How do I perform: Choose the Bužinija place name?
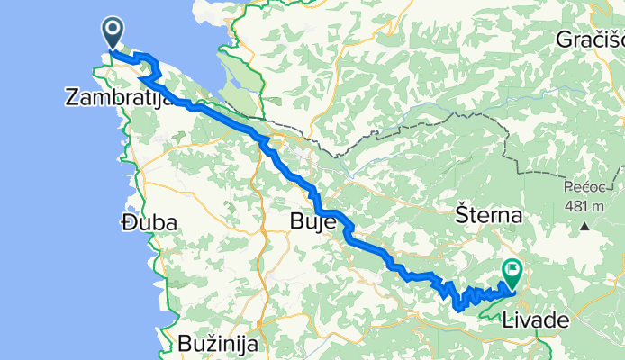pyautogui.click(x=217, y=343)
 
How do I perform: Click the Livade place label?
pyautogui.click(x=537, y=319)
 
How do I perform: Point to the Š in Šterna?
pyautogui.click(x=462, y=216)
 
